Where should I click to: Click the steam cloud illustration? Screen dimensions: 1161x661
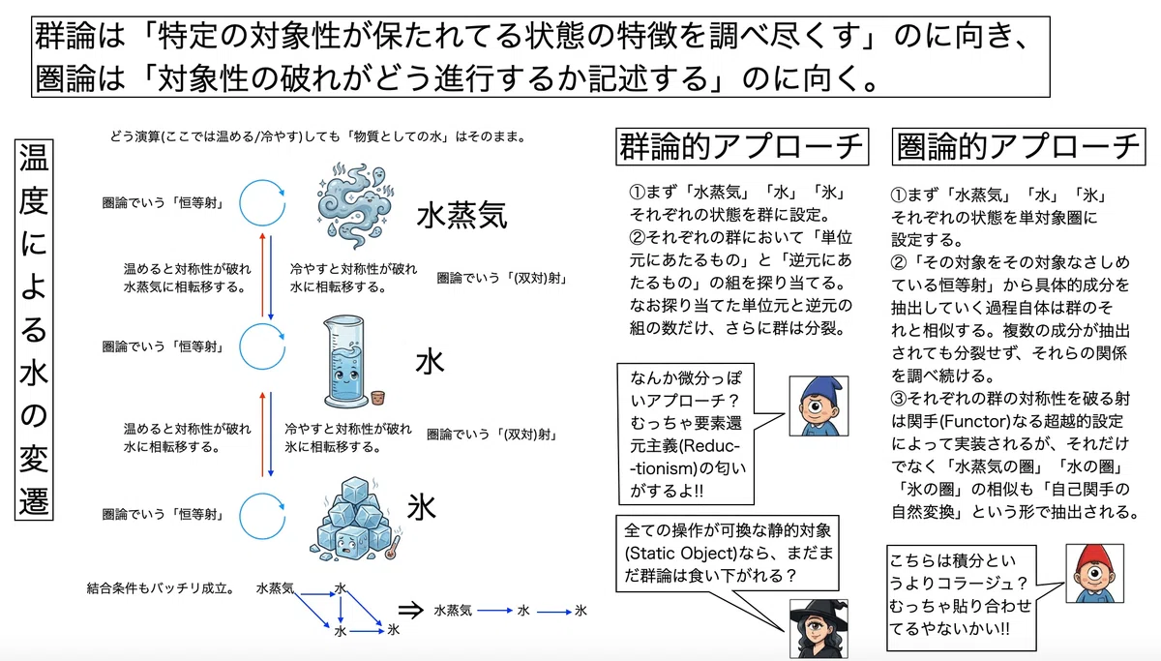coord(355,206)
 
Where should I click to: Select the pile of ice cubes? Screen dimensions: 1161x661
coord(353,520)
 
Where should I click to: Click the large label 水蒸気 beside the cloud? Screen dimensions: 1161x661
coord(461,215)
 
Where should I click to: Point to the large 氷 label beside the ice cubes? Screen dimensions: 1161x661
coord(422,507)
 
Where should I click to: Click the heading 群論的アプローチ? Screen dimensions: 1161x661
coord(742,147)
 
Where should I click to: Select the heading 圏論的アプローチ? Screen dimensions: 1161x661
coord(1019,147)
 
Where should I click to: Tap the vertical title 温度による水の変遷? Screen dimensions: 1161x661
coord(34,329)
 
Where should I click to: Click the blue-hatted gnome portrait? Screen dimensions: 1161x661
coord(819,406)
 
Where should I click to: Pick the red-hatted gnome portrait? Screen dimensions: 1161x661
coord(1094,573)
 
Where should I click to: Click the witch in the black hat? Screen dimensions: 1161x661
coord(819,629)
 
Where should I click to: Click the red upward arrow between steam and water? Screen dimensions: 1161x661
coord(263,275)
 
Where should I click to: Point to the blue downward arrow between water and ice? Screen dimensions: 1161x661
coord(271,435)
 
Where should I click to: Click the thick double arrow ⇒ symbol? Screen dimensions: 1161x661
coord(411,611)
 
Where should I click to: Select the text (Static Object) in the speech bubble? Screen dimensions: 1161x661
coord(676,554)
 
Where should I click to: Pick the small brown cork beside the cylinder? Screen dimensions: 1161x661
coord(378,398)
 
